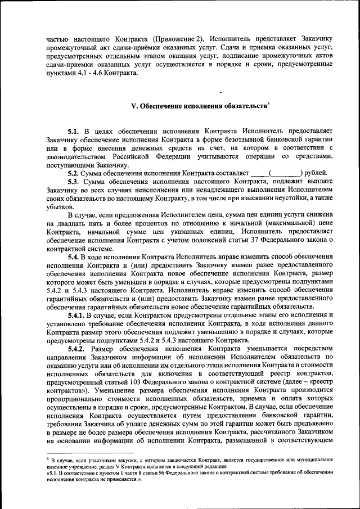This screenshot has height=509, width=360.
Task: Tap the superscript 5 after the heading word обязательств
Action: pos(269,103)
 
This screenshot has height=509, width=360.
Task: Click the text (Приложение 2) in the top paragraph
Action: pos(179,38)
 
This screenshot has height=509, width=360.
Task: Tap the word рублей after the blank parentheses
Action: pos(320,173)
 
